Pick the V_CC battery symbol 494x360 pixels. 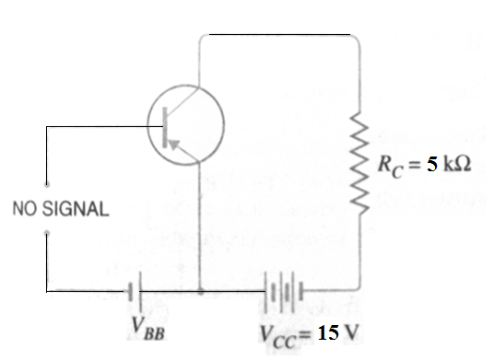tap(285, 290)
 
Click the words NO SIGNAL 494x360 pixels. tap(60, 207)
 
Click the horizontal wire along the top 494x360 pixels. tap(276, 34)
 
